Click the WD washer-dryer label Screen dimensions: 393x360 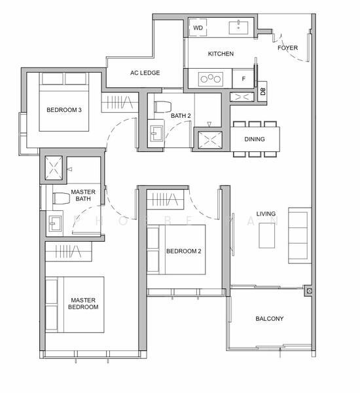[198, 28]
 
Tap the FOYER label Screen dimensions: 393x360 [287, 48]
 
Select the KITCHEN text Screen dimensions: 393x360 [221, 54]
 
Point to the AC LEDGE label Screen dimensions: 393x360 [145, 73]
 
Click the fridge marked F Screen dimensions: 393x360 [243, 79]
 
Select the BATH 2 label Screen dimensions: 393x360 [181, 116]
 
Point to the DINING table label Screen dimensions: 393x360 [255, 140]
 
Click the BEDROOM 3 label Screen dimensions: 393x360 [63, 110]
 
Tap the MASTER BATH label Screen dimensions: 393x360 [84, 195]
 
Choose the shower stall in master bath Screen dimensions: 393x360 [53, 168]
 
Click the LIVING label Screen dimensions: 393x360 [266, 214]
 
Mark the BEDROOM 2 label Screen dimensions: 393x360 [183, 251]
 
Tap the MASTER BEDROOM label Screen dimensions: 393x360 [84, 303]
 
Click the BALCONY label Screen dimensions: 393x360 [269, 319]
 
